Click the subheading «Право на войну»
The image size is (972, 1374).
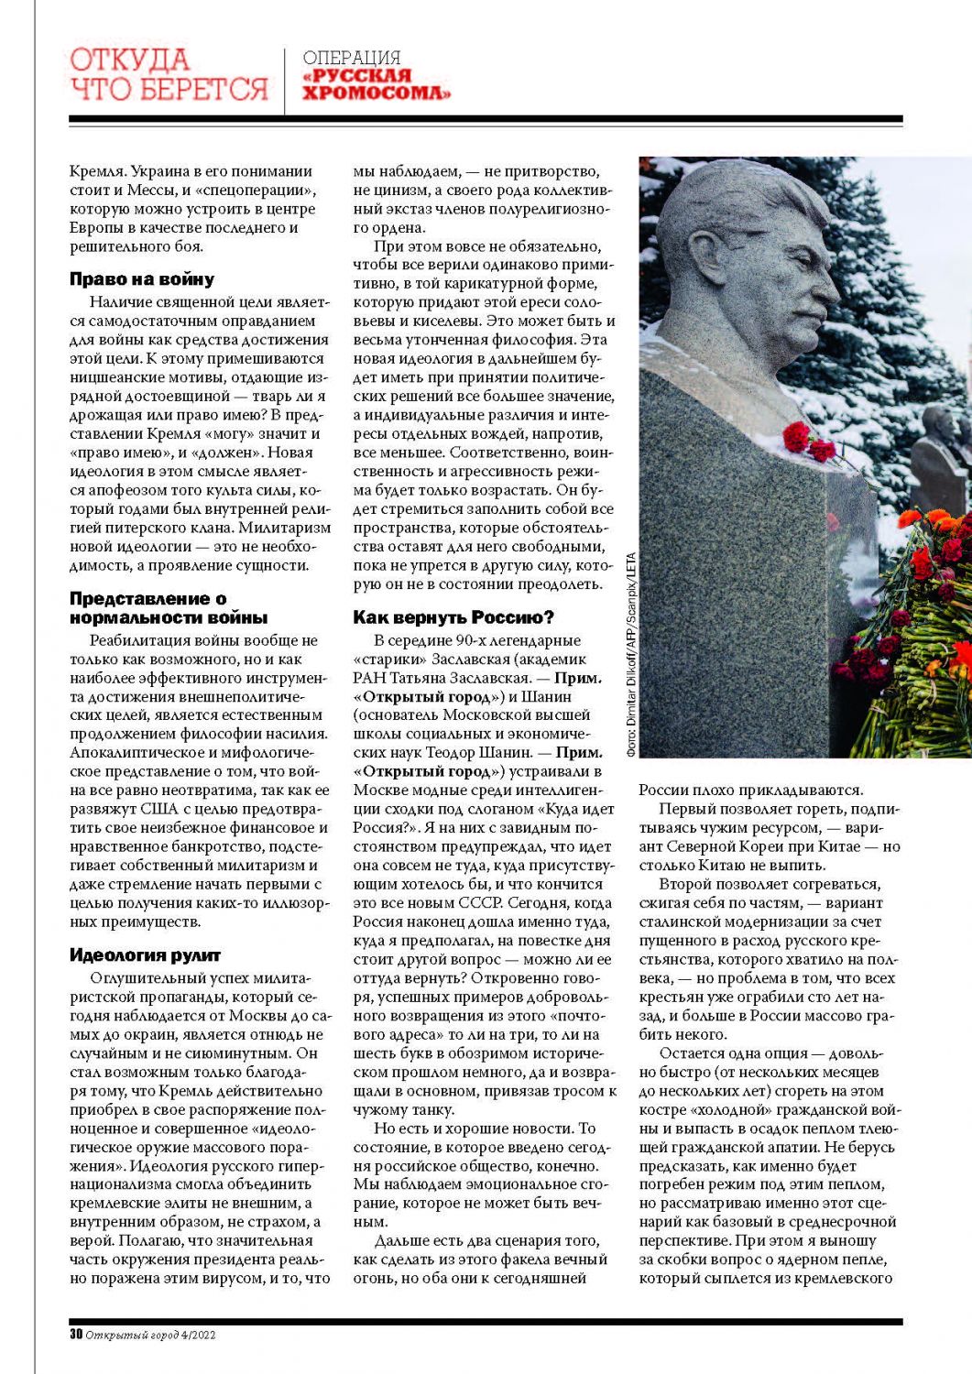click(142, 279)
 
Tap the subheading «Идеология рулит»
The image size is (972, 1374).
click(145, 955)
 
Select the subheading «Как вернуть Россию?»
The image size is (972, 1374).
click(453, 617)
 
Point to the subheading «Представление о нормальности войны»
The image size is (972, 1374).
click(169, 608)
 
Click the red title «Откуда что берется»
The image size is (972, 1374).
click(169, 74)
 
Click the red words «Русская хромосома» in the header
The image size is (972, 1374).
click(377, 84)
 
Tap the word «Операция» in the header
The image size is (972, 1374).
click(352, 58)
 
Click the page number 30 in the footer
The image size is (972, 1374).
click(76, 1335)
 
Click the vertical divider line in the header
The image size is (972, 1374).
click(285, 81)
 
